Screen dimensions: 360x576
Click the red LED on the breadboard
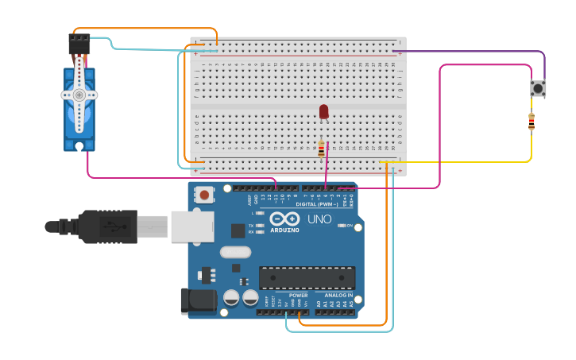(323, 111)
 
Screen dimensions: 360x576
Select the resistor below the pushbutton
(532, 122)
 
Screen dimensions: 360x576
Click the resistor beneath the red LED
(321, 149)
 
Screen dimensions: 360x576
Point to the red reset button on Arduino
(205, 195)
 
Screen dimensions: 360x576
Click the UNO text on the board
(319, 219)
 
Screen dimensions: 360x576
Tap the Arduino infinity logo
(284, 219)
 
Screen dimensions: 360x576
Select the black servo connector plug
(79, 43)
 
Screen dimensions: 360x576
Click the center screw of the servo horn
(79, 95)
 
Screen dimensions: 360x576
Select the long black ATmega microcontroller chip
(307, 277)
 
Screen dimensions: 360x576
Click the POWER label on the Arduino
(298, 296)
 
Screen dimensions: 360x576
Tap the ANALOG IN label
(338, 296)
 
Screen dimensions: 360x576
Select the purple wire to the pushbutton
(477, 52)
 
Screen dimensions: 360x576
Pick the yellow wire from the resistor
(477, 162)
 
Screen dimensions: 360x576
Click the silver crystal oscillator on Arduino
(235, 253)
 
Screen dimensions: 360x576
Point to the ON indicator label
(349, 226)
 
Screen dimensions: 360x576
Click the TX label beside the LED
(251, 226)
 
